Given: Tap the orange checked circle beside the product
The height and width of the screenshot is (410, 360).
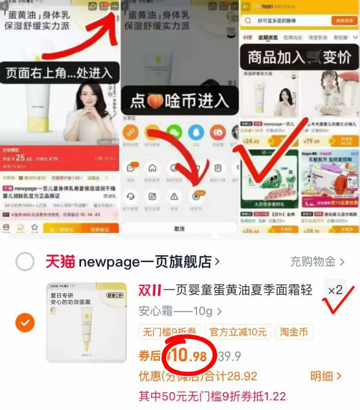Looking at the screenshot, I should click(x=25, y=322).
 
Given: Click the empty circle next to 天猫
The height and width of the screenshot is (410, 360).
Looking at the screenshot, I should click(x=25, y=262).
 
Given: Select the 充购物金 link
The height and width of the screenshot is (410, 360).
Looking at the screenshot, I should click(x=317, y=262).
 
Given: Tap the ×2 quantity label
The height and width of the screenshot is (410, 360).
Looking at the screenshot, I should click(x=335, y=290).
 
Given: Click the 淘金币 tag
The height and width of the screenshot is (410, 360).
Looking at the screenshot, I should click(x=294, y=332).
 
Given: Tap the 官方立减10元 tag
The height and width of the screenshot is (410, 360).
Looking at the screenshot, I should click(x=238, y=332).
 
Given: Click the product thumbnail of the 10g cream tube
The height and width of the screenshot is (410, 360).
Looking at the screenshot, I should click(x=86, y=322).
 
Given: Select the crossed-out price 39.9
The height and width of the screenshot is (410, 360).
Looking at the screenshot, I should click(x=229, y=356).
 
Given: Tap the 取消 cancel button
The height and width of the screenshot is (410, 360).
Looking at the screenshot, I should click(x=179, y=229).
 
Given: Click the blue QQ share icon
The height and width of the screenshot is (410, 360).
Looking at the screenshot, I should click(x=196, y=132).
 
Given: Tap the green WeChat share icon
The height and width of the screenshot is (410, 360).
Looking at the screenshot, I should click(x=174, y=132).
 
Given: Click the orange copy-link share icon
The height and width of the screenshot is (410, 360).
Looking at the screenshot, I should click(x=130, y=132).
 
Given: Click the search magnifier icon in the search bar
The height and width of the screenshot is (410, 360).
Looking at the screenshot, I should click(x=248, y=21).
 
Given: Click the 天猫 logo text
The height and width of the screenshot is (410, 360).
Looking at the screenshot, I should click(x=60, y=262).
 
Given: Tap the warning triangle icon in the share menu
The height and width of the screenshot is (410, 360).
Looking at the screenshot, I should click(x=174, y=197).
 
